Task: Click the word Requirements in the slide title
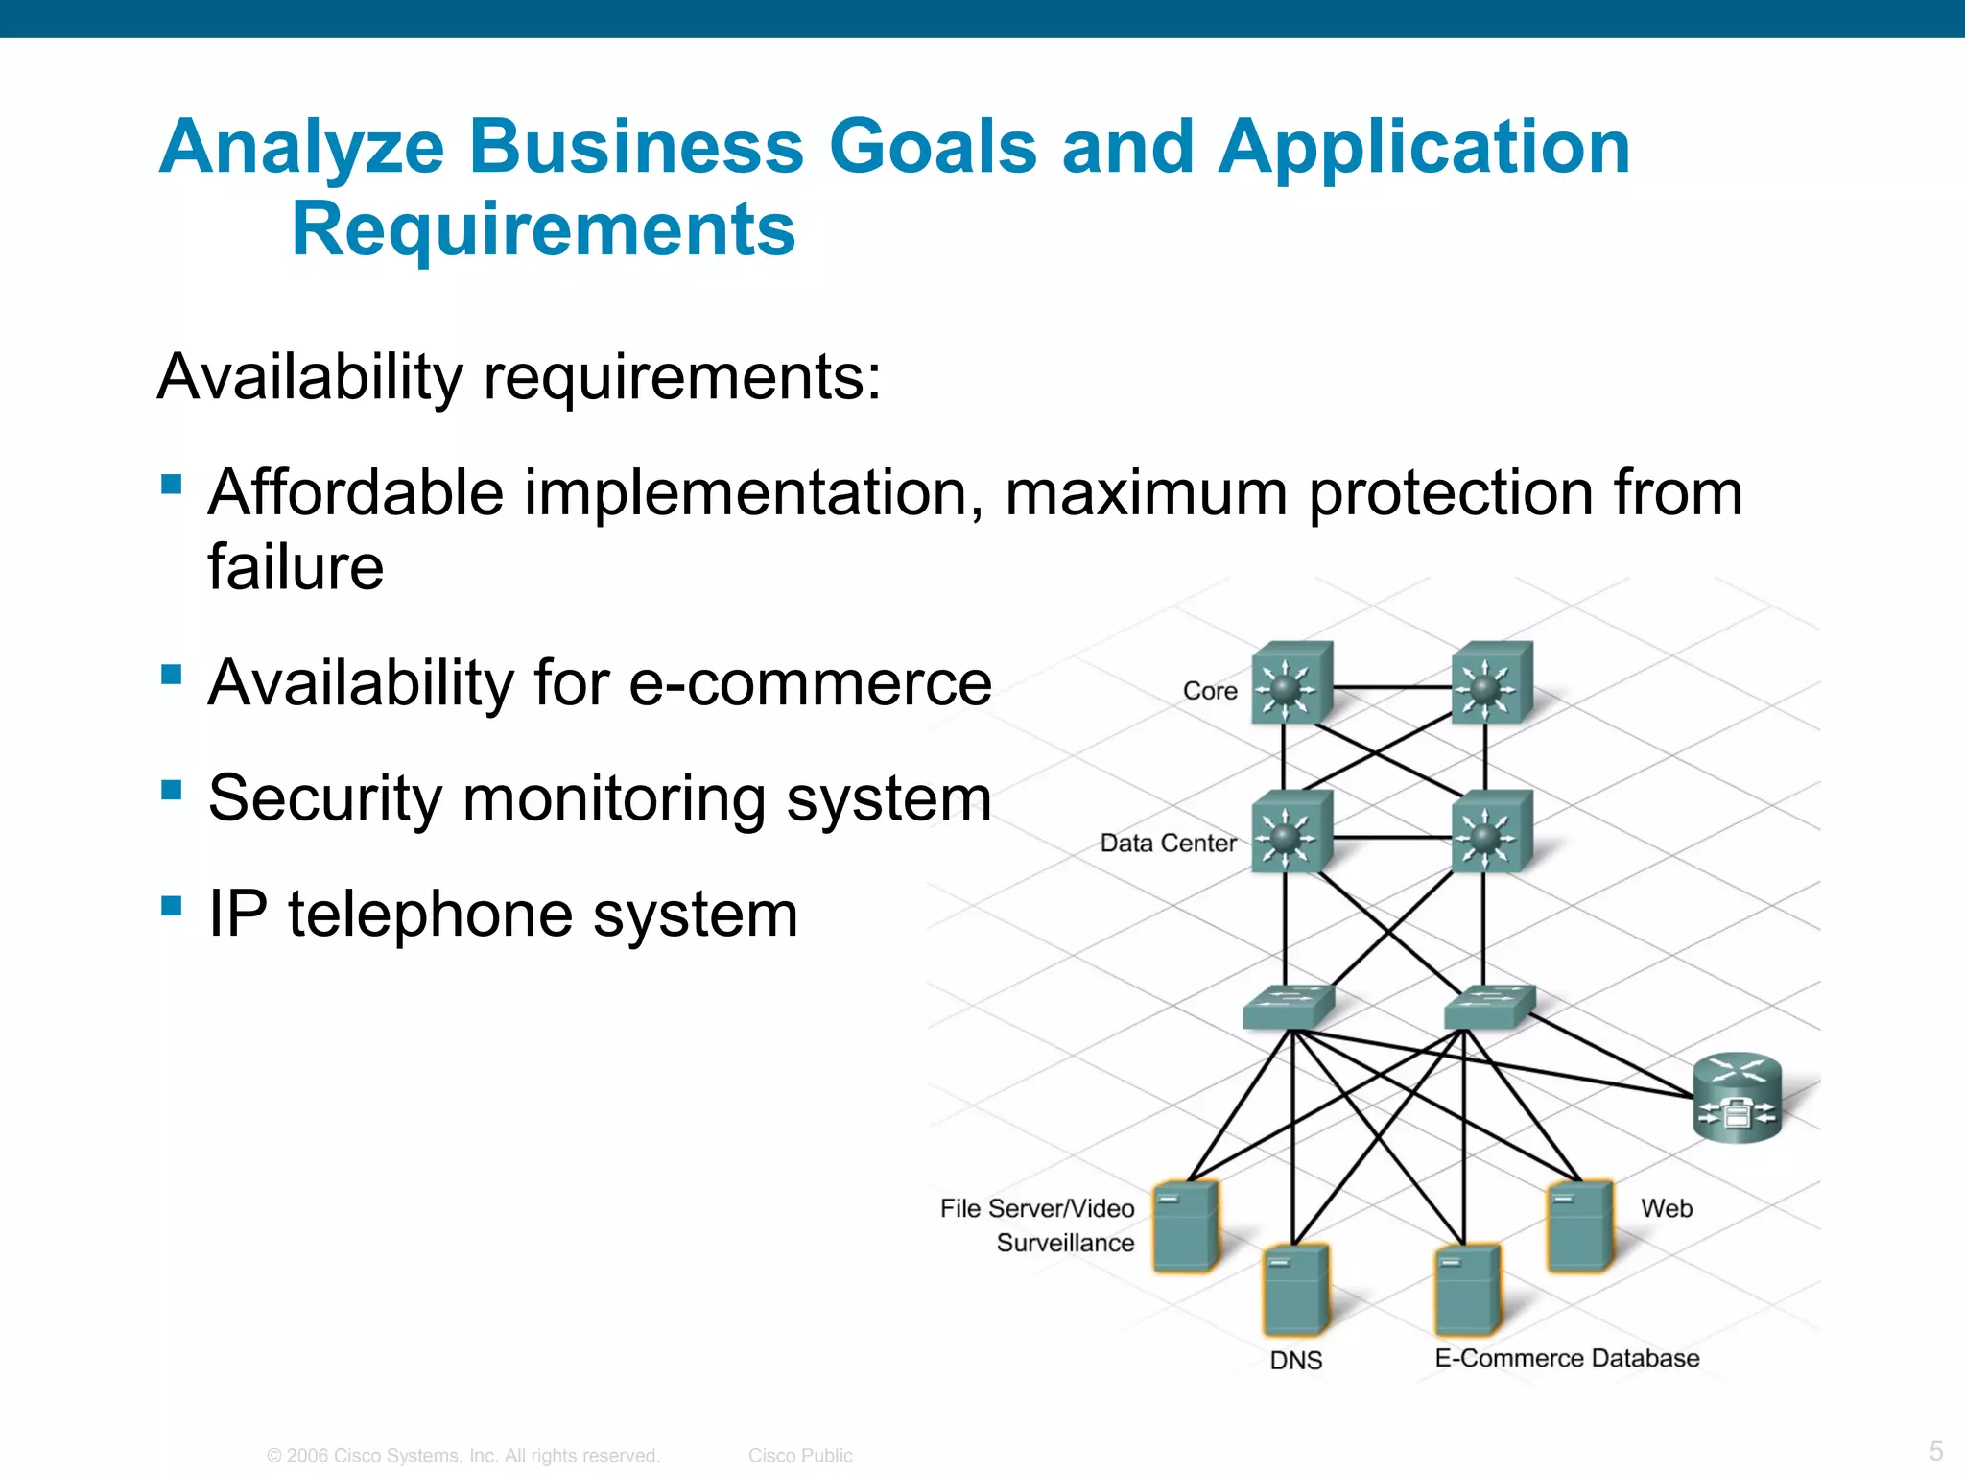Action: click(x=543, y=230)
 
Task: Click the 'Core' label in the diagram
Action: click(x=1210, y=691)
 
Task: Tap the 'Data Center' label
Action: click(x=1168, y=843)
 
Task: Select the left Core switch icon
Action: click(x=1291, y=683)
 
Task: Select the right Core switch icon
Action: click(x=1491, y=683)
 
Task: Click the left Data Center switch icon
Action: click(x=1291, y=833)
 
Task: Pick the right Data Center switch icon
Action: click(x=1491, y=833)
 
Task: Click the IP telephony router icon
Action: click(x=1737, y=1099)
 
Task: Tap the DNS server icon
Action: click(x=1295, y=1291)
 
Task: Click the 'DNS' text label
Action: click(x=1295, y=1360)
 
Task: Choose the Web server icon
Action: click(x=1579, y=1226)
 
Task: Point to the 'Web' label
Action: click(x=1667, y=1208)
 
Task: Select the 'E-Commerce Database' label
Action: click(x=1567, y=1358)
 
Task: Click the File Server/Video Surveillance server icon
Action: click(x=1186, y=1226)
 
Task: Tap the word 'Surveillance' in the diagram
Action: click(x=1065, y=1243)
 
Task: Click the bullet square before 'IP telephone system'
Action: click(x=173, y=906)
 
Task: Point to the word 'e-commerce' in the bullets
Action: click(x=810, y=683)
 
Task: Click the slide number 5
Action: click(x=1936, y=1450)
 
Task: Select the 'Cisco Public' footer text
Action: click(x=800, y=1456)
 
